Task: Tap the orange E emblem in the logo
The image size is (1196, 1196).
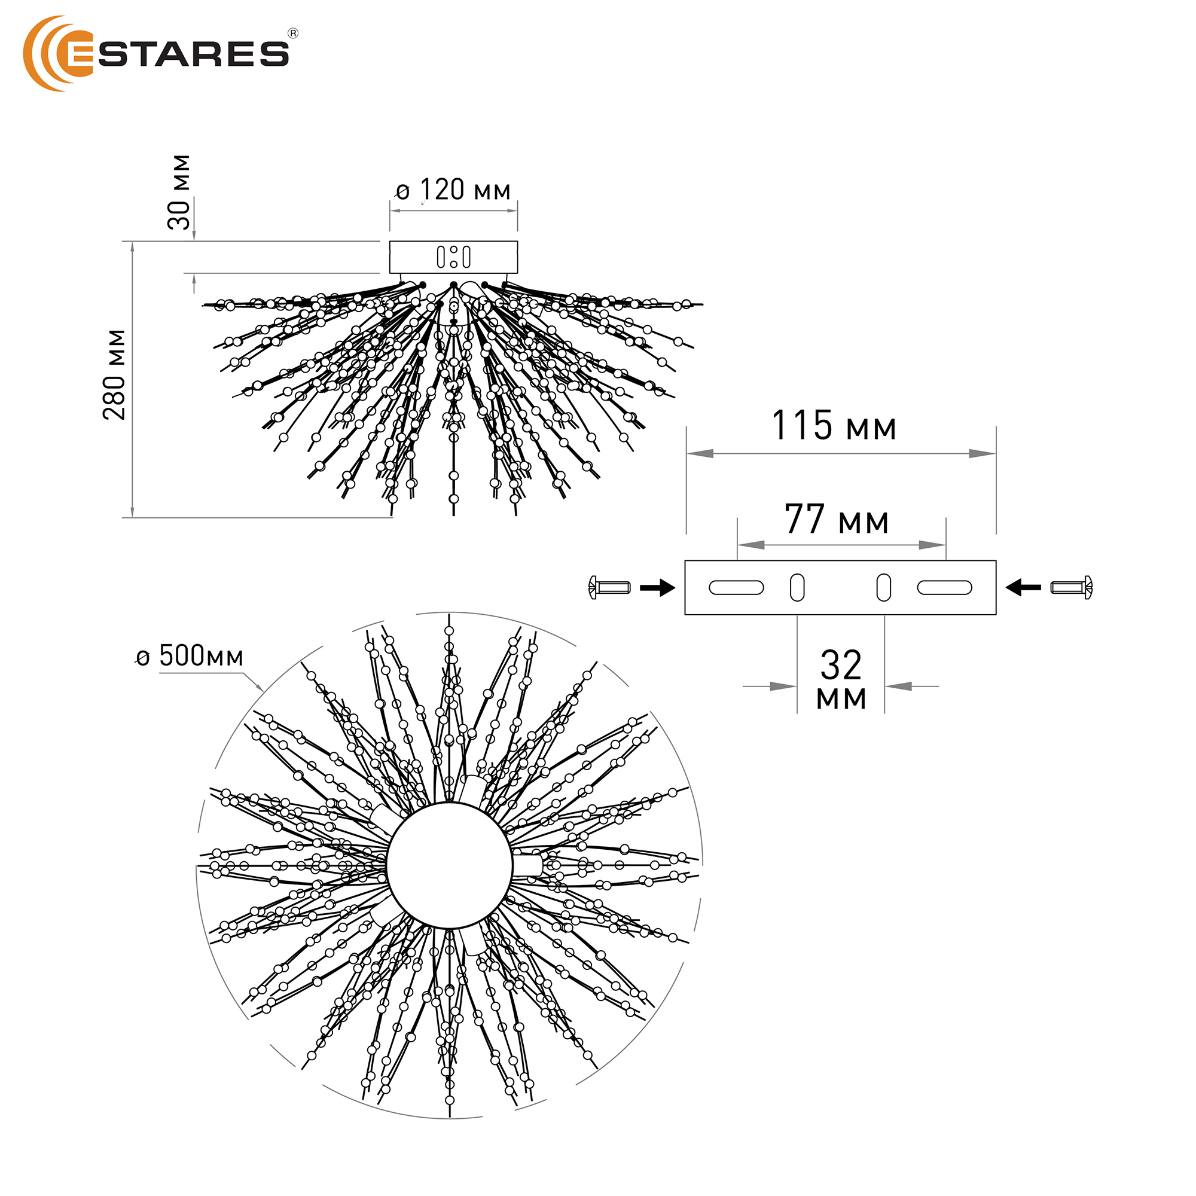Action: (x=58, y=54)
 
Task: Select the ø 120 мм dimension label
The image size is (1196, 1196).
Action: (x=453, y=190)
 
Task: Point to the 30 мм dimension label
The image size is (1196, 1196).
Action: (x=179, y=192)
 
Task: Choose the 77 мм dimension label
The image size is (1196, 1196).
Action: (x=837, y=518)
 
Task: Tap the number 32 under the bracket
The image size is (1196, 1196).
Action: (x=841, y=665)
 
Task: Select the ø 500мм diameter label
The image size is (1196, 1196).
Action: (x=190, y=655)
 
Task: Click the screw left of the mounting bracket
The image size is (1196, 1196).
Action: (x=609, y=587)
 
